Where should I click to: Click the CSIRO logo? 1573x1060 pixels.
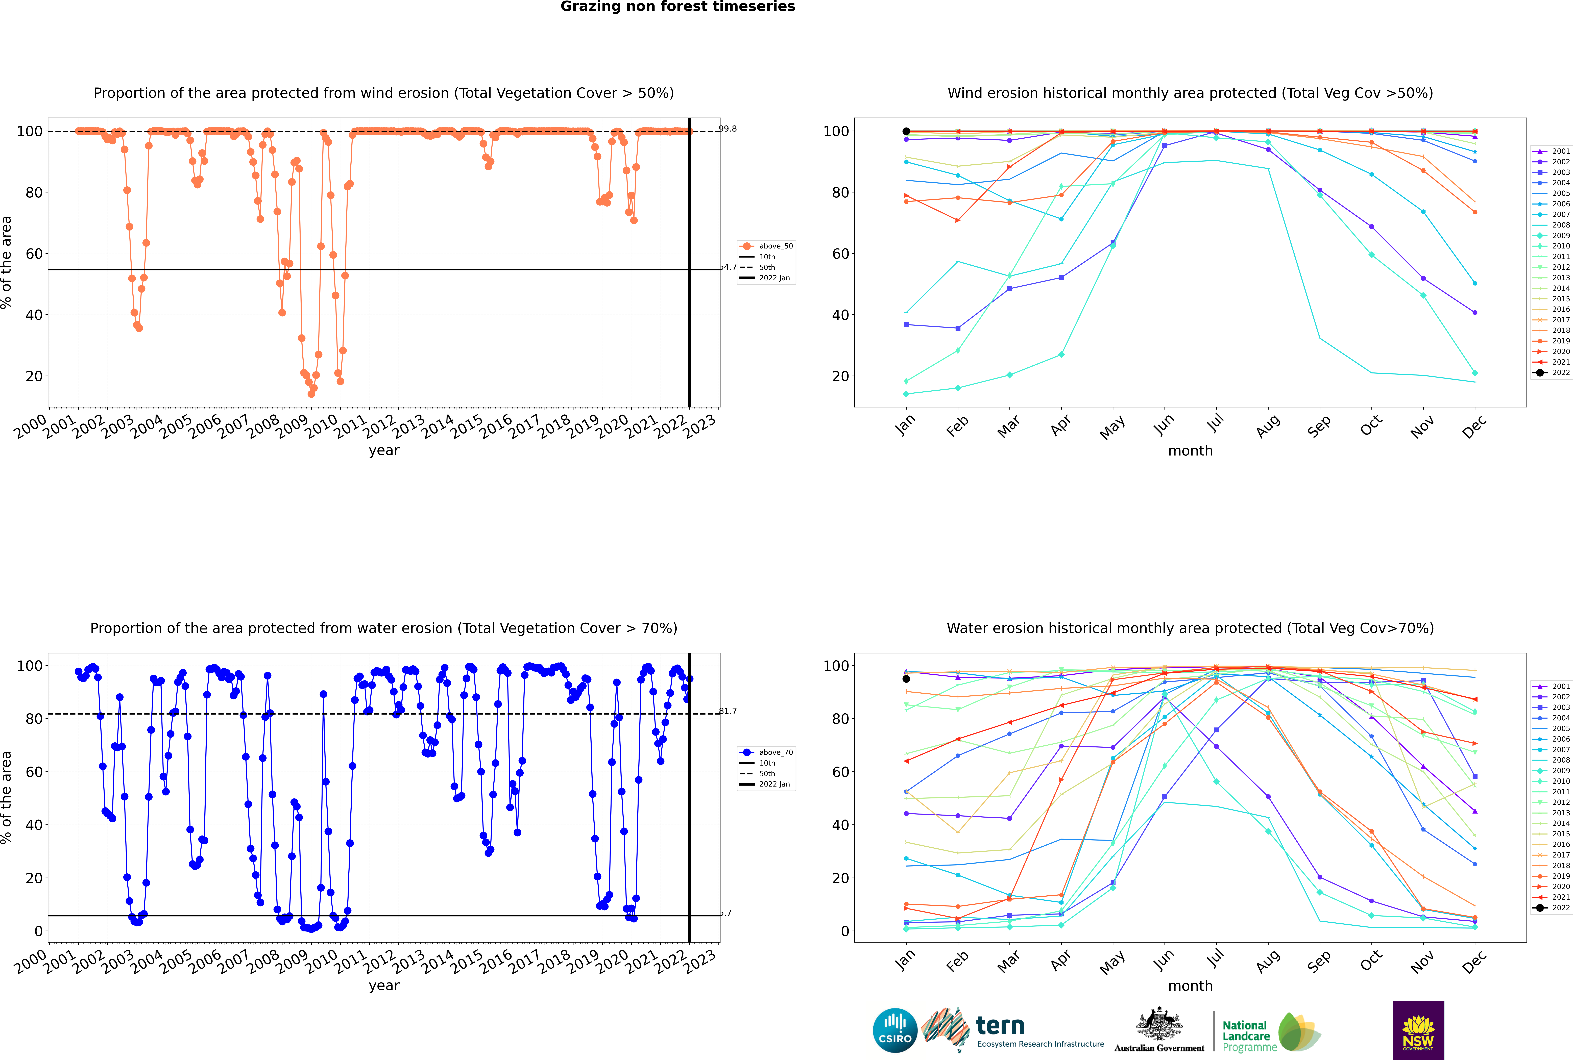click(895, 1030)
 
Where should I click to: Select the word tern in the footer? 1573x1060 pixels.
click(1000, 1026)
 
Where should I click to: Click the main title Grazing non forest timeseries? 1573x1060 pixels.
click(678, 7)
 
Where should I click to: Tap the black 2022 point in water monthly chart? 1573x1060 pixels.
click(906, 679)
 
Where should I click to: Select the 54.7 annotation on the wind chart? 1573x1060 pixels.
click(728, 267)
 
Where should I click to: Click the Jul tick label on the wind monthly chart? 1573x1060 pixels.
click(1215, 423)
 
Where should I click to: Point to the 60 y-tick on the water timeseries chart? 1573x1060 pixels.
click(34, 772)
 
